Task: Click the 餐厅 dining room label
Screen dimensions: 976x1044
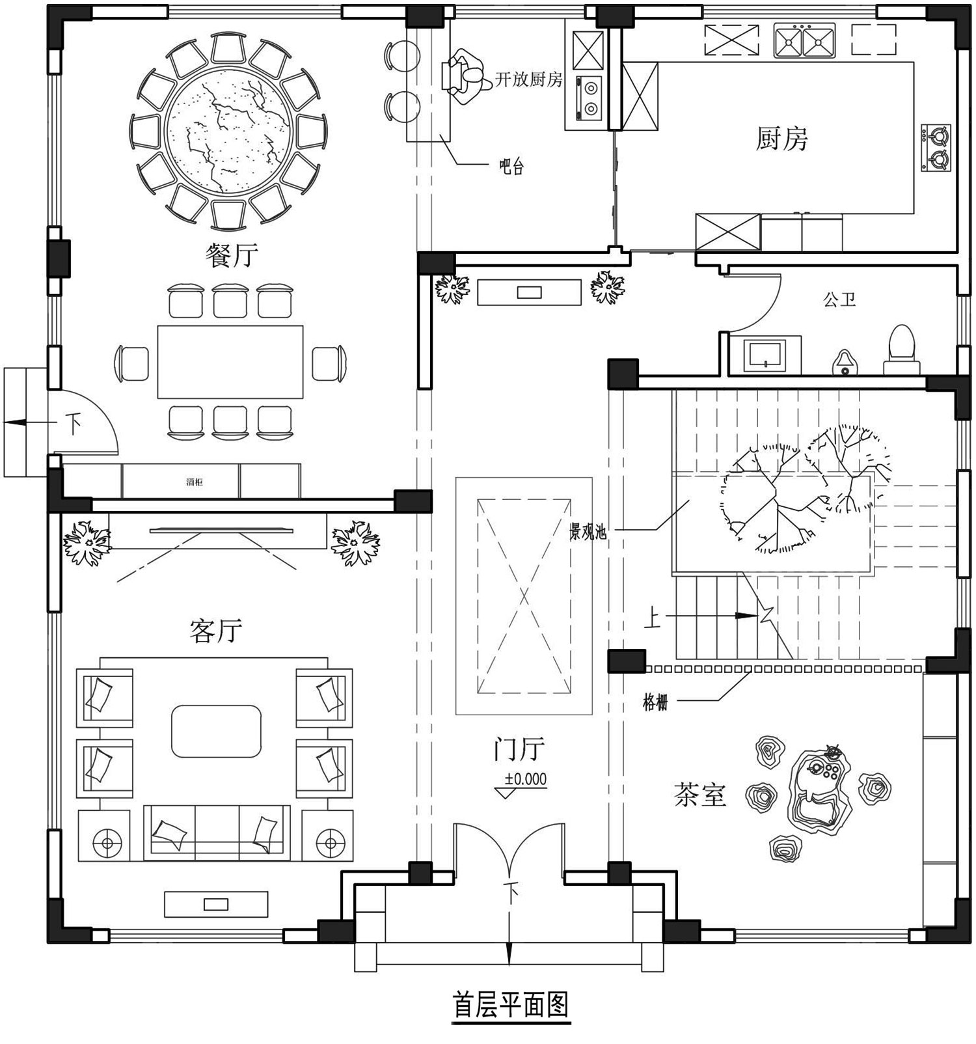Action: [x=232, y=255]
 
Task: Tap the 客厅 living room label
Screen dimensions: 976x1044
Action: [x=216, y=630]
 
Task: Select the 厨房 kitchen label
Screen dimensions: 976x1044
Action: [x=781, y=139]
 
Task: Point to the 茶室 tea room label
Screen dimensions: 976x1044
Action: [x=700, y=795]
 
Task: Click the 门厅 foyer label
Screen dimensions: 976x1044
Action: [x=518, y=749]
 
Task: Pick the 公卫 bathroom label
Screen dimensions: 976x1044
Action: [x=839, y=300]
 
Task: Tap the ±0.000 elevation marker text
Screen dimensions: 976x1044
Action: [x=526, y=779]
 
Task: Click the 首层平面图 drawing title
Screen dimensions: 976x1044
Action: [x=511, y=1004]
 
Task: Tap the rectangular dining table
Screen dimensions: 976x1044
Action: [x=230, y=362]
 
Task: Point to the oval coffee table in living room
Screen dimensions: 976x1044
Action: [x=216, y=731]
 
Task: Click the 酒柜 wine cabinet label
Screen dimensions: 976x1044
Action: [x=194, y=482]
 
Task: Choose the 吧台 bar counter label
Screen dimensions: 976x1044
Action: [x=511, y=167]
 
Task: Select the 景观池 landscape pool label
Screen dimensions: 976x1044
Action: [x=588, y=532]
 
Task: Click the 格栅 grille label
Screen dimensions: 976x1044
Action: [x=655, y=703]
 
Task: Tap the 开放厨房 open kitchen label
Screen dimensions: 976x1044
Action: [x=528, y=79]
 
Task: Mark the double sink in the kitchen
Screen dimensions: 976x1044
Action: [x=804, y=40]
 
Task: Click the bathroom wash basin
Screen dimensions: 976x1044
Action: [x=765, y=355]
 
